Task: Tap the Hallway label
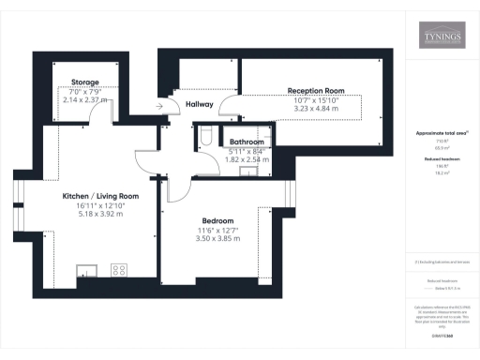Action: coord(200,104)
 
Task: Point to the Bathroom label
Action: coord(247,142)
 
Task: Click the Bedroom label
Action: coord(217,220)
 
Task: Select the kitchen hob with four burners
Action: coord(118,270)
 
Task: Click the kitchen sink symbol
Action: coord(85,271)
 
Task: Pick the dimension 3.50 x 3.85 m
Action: coord(217,238)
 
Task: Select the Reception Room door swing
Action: coord(231,110)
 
